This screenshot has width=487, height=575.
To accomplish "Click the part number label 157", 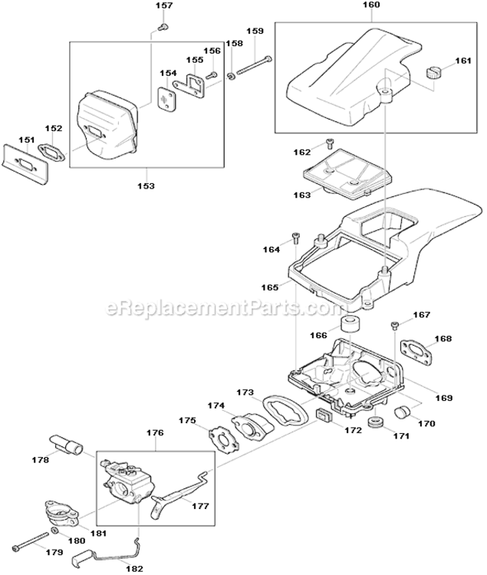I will pos(165,7).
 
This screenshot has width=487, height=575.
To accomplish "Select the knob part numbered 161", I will pos(434,74).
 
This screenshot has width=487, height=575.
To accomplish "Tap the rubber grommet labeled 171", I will pos(376,424).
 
